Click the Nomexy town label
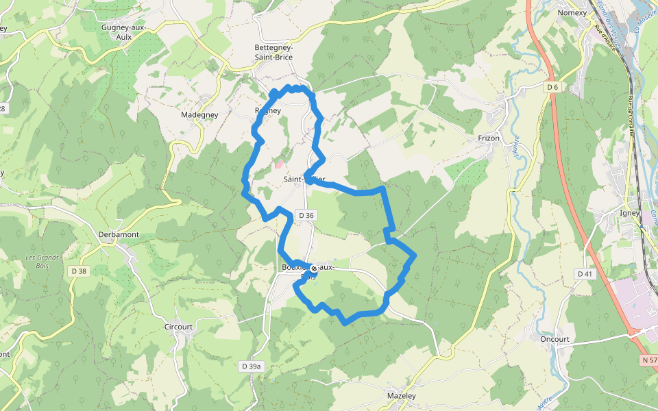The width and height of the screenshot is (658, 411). (x=572, y=12)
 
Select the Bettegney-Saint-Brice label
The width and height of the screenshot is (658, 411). (x=273, y=52)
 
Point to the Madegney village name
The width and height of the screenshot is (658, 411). (x=199, y=115)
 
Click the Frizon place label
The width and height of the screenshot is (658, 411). (x=489, y=138)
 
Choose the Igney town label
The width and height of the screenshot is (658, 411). (x=629, y=212)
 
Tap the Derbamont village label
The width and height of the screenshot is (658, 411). (x=119, y=234)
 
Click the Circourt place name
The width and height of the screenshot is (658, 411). (x=179, y=327)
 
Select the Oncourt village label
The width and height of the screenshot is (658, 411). (x=555, y=338)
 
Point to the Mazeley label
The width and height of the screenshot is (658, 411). (x=402, y=395)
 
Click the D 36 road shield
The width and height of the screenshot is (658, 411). (x=306, y=215)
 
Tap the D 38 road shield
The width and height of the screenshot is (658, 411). (x=79, y=271)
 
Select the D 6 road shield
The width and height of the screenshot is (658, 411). (x=553, y=87)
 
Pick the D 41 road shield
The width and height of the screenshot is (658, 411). (x=584, y=274)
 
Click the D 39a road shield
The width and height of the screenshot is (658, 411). (x=252, y=366)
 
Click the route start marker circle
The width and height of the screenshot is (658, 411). (x=314, y=269)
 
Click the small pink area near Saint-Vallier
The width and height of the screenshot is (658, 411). (x=279, y=164)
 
